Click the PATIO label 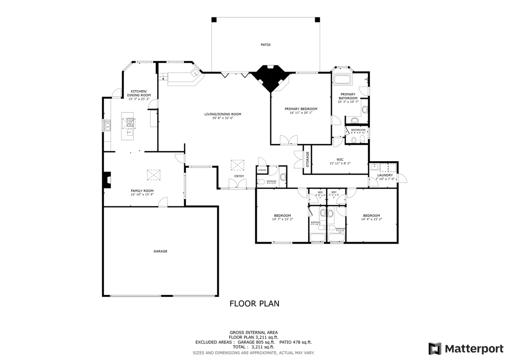point(266,45)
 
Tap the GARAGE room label point(160,251)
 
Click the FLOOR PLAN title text point(254,303)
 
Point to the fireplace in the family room point(106,180)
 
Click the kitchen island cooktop point(130,122)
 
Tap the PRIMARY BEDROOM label point(301,109)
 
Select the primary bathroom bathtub point(342,80)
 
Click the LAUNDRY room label point(385,175)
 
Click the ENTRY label point(239,176)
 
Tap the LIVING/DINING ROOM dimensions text point(223,118)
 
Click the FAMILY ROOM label point(142,190)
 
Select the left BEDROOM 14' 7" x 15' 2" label point(282,217)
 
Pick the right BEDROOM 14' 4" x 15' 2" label point(372,217)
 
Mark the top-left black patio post point(214,19)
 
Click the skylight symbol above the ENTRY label point(238,165)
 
